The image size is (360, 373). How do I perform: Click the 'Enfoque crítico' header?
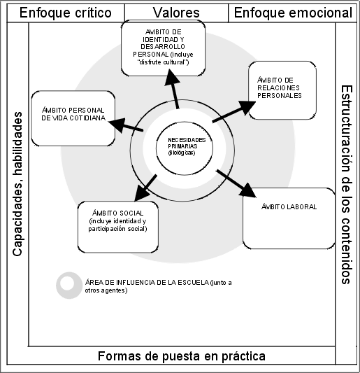(66, 13)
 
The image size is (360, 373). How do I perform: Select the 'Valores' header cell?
(176, 13)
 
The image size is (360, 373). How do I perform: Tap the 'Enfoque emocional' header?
(293, 13)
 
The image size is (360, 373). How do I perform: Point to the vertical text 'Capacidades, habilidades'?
(17, 184)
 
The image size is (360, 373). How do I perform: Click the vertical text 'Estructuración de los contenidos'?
(347, 185)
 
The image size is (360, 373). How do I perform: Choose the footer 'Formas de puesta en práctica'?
(182, 356)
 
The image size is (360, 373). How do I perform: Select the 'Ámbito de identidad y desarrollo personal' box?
(164, 48)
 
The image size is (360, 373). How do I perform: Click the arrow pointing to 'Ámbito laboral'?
(236, 183)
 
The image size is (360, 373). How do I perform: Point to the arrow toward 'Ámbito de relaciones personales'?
(233, 111)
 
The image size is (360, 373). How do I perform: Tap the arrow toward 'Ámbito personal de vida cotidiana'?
(126, 125)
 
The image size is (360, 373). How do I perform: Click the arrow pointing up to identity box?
(173, 89)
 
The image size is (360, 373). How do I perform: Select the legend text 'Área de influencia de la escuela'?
(147, 283)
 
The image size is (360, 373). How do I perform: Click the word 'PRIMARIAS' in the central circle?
(182, 146)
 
